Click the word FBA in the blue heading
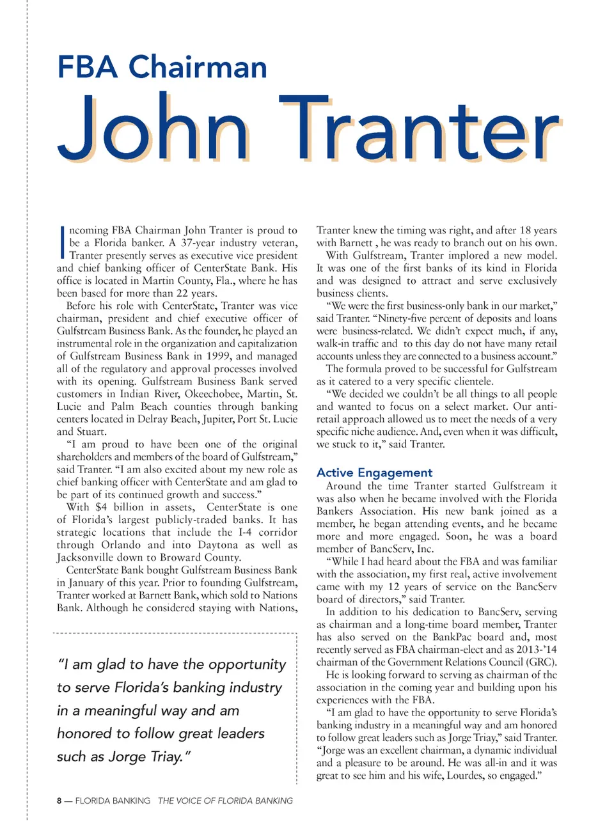coord(88,67)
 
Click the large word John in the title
coord(153,128)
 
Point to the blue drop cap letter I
coord(61,242)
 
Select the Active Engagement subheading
coord(374,473)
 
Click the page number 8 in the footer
coord(59,801)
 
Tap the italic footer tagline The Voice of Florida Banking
coord(225,801)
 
